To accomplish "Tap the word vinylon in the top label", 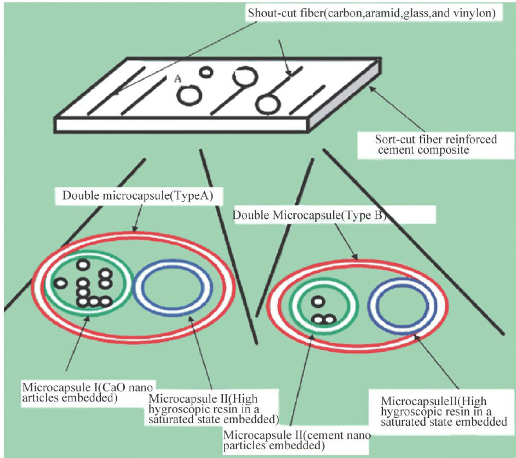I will coord(476,14).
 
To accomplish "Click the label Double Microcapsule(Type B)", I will coord(310,215).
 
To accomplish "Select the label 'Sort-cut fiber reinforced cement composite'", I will coord(427,145).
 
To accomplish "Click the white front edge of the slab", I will coord(181,124).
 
